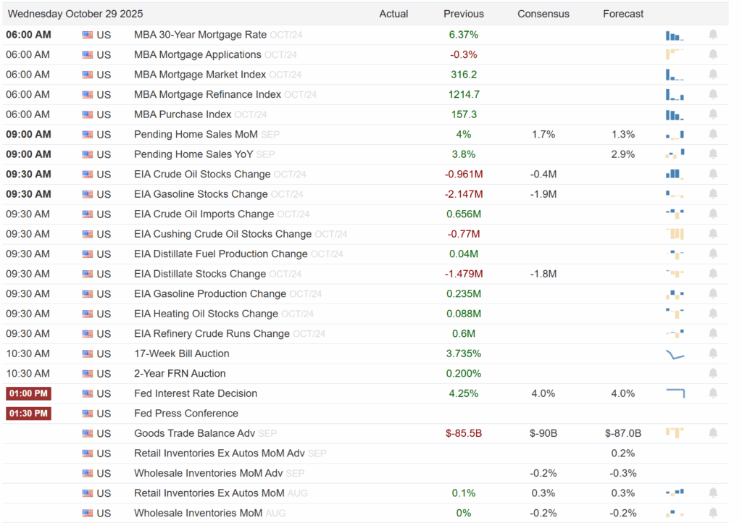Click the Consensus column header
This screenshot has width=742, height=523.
[543, 14]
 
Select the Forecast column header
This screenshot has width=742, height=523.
[623, 14]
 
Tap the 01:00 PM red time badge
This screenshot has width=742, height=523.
[28, 393]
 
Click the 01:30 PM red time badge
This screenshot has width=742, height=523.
[28, 414]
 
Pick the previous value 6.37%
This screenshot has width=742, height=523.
[464, 35]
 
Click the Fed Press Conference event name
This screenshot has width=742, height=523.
[186, 414]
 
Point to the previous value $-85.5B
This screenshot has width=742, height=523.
[464, 433]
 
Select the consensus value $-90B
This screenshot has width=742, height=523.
[543, 433]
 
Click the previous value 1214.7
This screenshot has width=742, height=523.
[464, 94]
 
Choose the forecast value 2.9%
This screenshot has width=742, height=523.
[623, 154]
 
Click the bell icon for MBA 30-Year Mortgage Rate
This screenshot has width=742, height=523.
[713, 35]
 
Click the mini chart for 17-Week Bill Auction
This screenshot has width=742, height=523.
[675, 353]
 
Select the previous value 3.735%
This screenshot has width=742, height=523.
[464, 353]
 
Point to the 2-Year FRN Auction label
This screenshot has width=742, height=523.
[180, 374]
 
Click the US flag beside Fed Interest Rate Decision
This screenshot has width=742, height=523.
[88, 393]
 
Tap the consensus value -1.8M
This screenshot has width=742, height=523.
[543, 274]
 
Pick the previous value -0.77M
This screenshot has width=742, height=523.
[464, 234]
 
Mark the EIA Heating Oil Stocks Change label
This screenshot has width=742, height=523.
[206, 314]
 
